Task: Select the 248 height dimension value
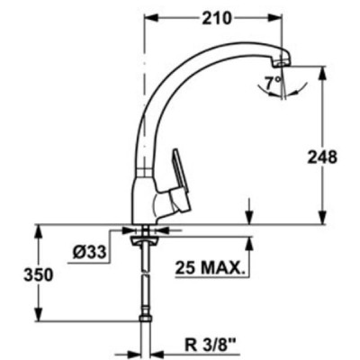coord(322,157)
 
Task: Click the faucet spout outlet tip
coord(281,59)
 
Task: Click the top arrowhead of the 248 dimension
coord(322,68)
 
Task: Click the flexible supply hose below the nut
coord(145,279)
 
